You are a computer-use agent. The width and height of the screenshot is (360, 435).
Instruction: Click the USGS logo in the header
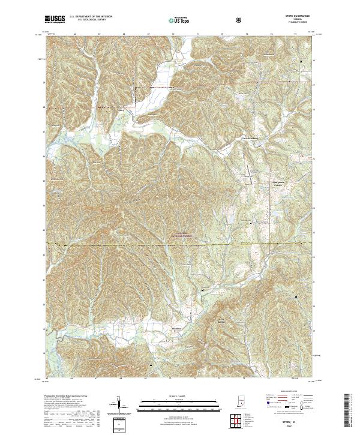55,20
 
